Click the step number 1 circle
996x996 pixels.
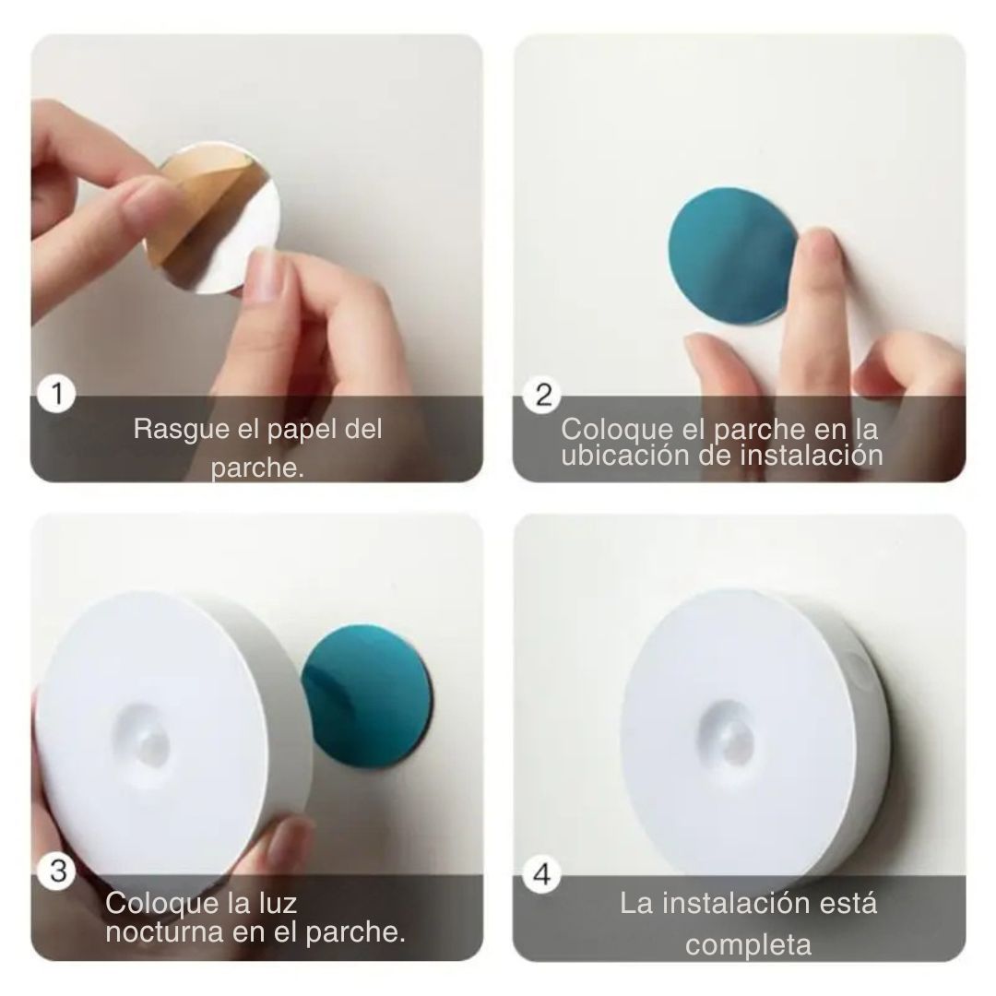coord(57,396)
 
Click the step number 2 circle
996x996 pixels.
coord(543,396)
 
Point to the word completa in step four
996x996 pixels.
coord(748,944)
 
